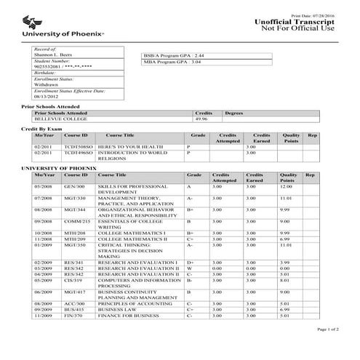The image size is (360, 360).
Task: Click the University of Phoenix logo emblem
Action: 36,22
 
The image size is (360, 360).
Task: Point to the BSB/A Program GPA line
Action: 175,55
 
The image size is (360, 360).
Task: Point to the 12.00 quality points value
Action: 286,187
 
